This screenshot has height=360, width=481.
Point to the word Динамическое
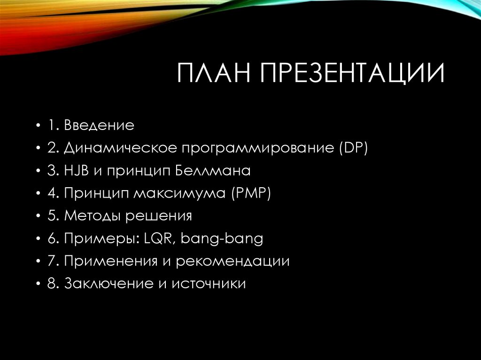coord(119,148)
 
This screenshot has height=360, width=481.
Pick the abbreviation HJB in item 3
coord(74,171)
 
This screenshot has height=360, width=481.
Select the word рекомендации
coord(233,261)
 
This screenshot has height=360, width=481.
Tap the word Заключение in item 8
coord(105,284)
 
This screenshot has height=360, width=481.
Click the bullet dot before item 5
coord(38,216)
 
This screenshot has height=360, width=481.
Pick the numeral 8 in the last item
coord(51,284)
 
